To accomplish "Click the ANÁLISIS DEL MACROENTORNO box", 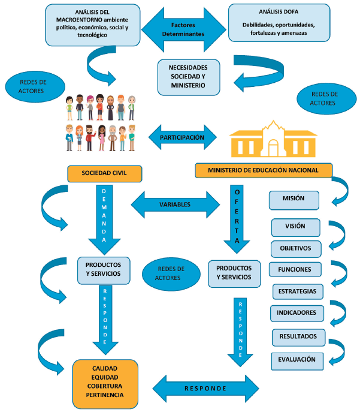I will (x=93, y=24).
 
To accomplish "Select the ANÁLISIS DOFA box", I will (x=279, y=23).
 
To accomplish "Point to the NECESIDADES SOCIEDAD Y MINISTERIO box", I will (x=188, y=76).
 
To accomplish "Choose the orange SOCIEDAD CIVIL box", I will (x=105, y=174).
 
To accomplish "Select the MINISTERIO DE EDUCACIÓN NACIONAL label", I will (x=263, y=170).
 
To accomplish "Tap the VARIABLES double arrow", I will (x=175, y=205).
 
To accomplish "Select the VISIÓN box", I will (x=296, y=227).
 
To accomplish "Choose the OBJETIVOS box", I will (x=296, y=248).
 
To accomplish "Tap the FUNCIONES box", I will (x=295, y=269).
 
